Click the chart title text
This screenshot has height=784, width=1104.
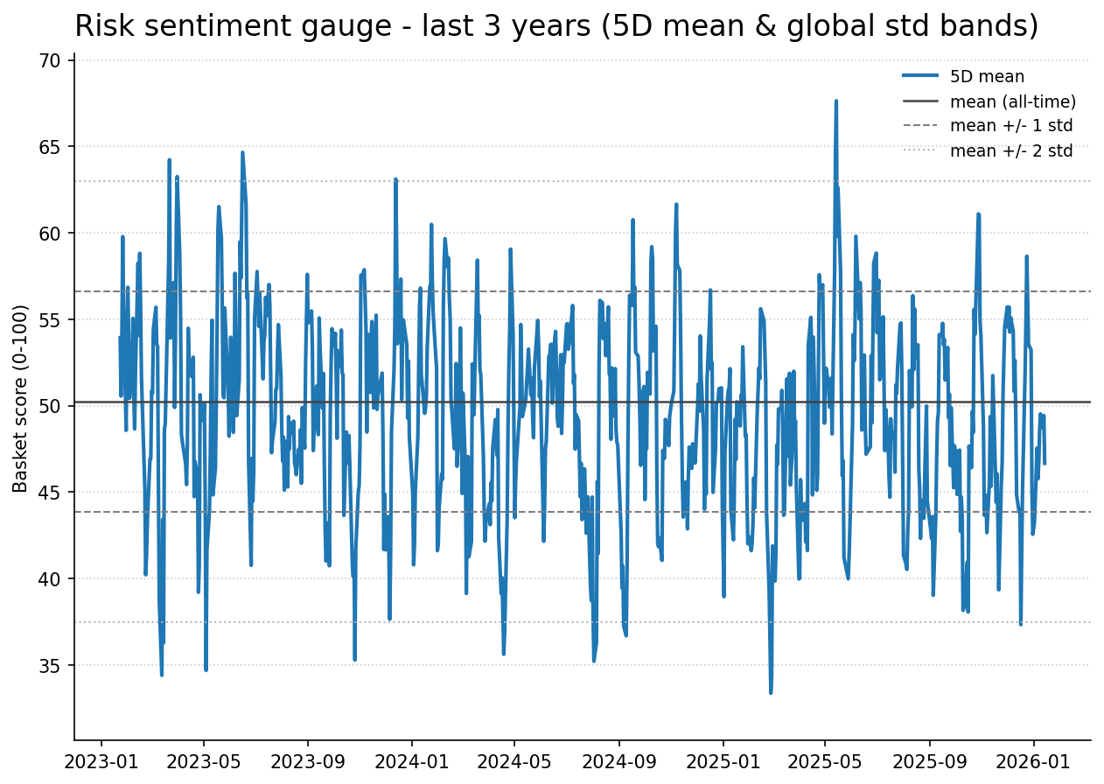coord(556,26)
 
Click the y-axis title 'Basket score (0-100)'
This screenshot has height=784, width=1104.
coord(21,398)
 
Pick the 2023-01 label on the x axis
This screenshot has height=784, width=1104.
coord(101,760)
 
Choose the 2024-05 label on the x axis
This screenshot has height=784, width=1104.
coord(514,760)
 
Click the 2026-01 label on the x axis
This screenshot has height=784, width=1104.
coord(1033,760)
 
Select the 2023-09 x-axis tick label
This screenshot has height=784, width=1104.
coord(308,760)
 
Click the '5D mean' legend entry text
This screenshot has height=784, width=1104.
coord(987,77)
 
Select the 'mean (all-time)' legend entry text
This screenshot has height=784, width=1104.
coord(1013,101)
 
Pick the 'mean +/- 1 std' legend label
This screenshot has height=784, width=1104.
coord(1011,126)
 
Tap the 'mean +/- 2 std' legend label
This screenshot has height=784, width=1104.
coord(1011,150)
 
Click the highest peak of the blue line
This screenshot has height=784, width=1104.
coord(835,101)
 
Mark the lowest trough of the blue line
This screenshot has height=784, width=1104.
coord(771,693)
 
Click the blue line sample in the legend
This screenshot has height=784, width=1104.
coord(920,77)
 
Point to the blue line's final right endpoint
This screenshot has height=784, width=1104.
coord(1045,463)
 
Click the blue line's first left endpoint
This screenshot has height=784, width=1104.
coord(120,338)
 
